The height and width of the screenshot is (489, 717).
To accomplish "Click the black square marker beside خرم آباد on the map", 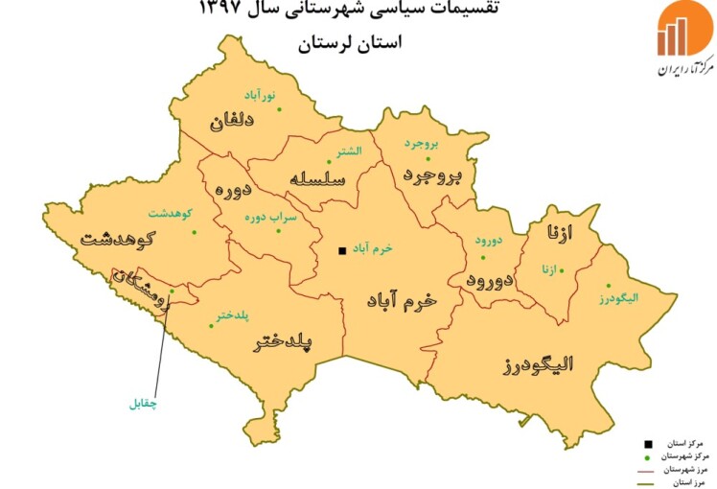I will click(342, 251).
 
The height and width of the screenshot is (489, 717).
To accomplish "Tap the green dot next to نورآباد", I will click(280, 108).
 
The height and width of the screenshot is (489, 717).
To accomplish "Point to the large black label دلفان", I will click(231, 122).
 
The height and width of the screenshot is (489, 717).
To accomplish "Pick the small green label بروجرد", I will click(420, 144).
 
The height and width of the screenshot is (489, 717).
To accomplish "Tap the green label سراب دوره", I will click(270, 218).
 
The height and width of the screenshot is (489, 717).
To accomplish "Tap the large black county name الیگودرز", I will click(538, 364).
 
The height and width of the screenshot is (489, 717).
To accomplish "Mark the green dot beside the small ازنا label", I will click(562, 269).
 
